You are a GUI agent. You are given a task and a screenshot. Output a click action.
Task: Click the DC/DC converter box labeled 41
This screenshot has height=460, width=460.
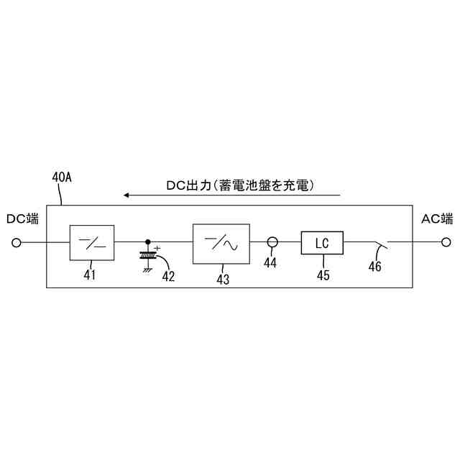tap(92, 242)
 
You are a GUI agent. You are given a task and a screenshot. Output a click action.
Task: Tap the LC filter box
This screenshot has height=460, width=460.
tap(322, 243)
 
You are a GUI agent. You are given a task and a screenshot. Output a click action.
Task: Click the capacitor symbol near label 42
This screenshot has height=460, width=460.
tap(148, 254)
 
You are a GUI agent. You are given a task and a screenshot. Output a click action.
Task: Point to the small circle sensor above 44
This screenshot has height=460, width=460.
tap(272, 243)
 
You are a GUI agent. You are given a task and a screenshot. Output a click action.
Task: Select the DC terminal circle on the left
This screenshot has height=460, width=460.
tap(17, 243)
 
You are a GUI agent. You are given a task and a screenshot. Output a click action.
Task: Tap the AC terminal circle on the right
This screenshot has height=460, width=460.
tap(446, 243)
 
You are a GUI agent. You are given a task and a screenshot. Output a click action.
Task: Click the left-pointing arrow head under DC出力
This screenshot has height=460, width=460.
tap(126, 195)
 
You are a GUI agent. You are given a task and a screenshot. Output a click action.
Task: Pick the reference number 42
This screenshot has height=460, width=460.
tap(167, 276)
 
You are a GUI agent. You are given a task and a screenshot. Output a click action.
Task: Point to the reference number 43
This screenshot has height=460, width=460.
tap(223, 280)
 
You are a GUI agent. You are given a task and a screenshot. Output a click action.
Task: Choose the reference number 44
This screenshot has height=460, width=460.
tap(270, 263)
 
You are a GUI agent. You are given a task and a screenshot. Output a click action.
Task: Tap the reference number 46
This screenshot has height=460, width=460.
tap(374, 267)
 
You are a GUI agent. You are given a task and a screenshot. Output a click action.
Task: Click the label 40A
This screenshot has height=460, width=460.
tap(63, 177)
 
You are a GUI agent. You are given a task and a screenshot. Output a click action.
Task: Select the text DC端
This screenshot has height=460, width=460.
tap(22, 218)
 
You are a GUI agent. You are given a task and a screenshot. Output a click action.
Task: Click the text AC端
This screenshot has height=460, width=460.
tap(437, 218)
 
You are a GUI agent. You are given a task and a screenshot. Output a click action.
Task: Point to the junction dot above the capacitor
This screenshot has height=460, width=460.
tap(148, 242)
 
